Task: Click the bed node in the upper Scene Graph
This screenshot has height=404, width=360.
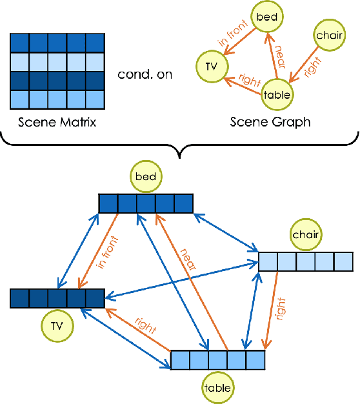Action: [x=266, y=17]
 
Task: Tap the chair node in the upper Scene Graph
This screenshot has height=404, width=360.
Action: [x=329, y=35]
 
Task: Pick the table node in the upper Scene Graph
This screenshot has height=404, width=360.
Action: [x=277, y=95]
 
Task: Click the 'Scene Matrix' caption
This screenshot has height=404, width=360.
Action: [x=57, y=121]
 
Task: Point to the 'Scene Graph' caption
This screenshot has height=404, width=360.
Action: [x=270, y=121]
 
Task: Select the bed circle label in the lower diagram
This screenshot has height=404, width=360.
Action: [x=146, y=176]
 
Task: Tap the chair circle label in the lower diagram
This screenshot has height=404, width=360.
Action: [x=306, y=235]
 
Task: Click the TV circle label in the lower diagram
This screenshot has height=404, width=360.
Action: [x=57, y=327]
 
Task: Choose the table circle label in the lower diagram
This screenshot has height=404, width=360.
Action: [x=217, y=388]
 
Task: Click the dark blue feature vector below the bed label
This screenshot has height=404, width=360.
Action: [x=146, y=203]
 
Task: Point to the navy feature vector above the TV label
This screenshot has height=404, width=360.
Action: [x=57, y=298]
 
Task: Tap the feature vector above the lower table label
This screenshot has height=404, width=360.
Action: [x=217, y=359]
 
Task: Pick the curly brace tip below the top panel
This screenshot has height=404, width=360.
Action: [x=179, y=155]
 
